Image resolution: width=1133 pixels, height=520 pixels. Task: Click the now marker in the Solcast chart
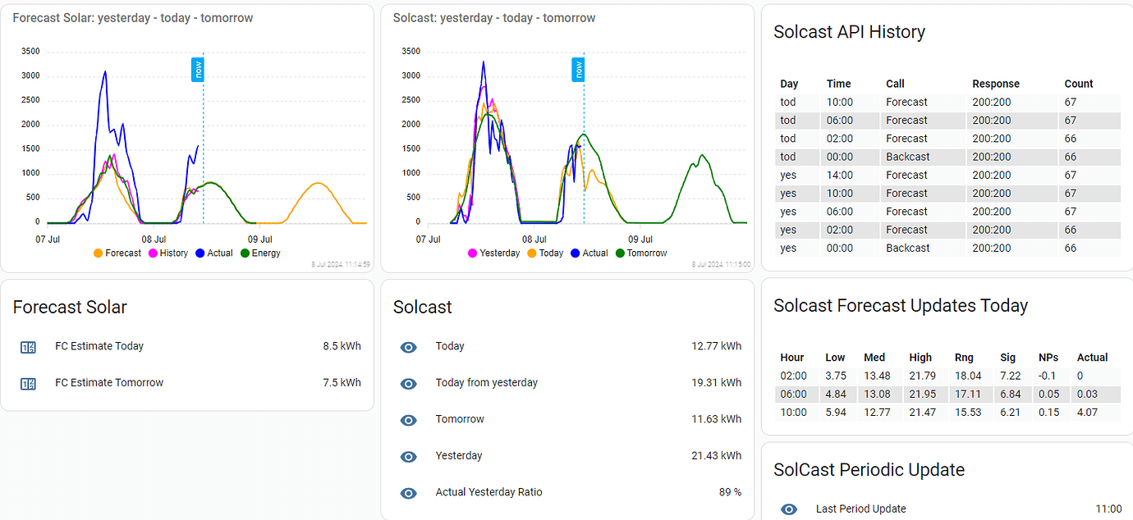point(578,70)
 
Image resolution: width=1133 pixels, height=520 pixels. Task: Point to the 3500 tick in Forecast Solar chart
point(30,52)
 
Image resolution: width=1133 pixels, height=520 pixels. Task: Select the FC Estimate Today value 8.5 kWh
point(342,346)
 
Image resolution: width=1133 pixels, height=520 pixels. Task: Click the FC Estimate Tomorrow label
point(109,383)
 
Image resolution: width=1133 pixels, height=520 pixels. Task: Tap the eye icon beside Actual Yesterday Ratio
point(408,493)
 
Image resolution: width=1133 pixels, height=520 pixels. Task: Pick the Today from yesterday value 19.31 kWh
point(716,383)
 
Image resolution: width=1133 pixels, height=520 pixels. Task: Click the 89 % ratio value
point(730,493)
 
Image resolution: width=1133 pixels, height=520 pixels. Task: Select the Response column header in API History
point(996,84)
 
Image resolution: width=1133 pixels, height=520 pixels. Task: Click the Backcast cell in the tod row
point(907,157)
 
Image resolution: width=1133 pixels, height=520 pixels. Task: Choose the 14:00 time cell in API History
point(839,175)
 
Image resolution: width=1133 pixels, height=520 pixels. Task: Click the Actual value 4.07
point(1087,413)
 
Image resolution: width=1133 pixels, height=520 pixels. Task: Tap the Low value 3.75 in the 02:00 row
point(835,376)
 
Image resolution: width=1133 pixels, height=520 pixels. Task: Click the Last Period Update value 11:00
point(1108,509)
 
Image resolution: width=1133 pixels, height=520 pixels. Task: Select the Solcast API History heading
point(849,32)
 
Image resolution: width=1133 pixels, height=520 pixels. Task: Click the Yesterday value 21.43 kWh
point(716,456)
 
